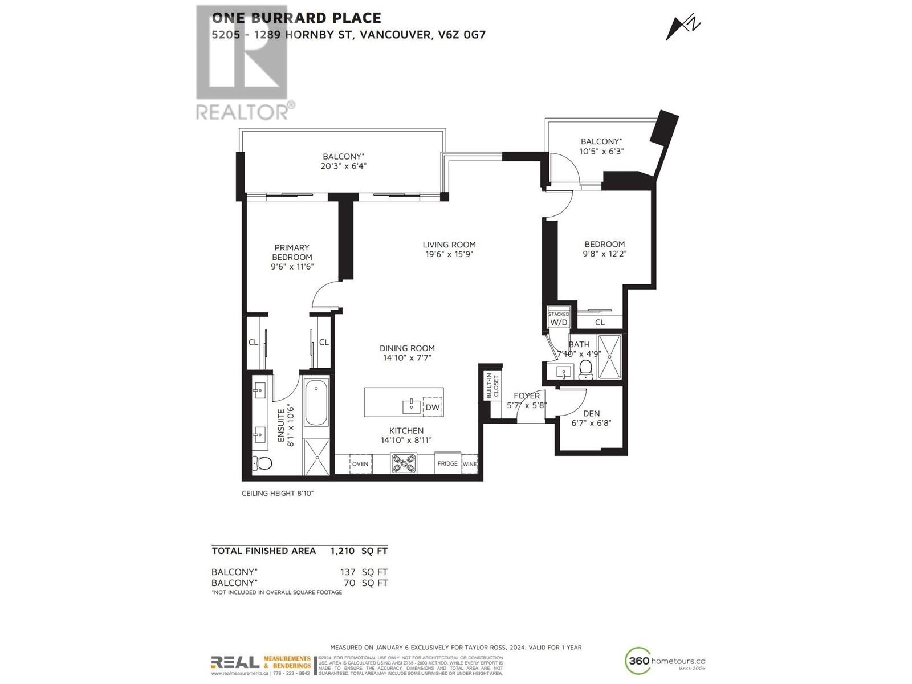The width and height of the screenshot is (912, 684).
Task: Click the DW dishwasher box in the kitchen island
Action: coord(433,407)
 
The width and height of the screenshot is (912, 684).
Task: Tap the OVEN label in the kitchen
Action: coord(360,464)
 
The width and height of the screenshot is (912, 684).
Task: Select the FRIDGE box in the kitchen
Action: coord(447,463)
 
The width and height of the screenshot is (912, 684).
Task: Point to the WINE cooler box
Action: coord(469,464)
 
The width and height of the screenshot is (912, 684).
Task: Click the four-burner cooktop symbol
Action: coord(404,463)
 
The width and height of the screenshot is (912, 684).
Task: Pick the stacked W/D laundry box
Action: coord(559,319)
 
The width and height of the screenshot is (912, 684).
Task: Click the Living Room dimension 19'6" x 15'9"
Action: coord(449,254)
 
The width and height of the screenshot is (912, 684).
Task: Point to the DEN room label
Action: coord(591,413)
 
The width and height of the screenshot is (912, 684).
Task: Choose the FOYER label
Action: coord(526,396)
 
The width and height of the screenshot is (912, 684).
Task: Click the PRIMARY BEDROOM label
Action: coord(292,252)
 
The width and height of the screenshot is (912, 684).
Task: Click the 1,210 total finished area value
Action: coord(343,551)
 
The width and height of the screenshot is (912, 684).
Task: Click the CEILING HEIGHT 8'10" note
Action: coord(278,493)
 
